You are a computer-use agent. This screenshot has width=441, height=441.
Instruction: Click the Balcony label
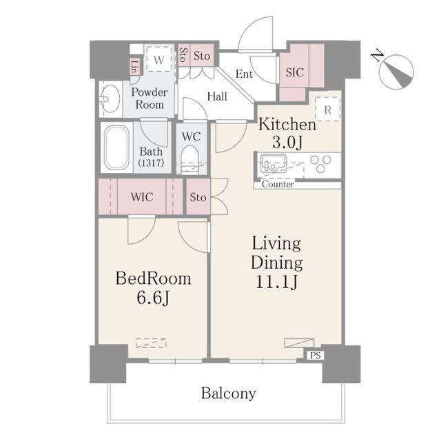228,393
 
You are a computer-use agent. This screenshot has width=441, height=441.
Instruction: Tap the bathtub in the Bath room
116,147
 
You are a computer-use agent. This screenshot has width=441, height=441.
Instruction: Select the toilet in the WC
192,160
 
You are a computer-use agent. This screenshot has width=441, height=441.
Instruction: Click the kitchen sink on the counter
273,163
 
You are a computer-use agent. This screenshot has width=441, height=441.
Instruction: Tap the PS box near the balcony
316,356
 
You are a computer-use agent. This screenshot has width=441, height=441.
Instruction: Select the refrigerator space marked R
328,109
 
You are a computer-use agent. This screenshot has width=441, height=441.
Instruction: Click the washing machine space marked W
159,59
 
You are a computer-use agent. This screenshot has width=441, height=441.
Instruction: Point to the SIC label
295,72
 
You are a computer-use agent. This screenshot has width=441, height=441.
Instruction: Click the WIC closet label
142,197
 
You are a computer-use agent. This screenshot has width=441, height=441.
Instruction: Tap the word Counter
278,184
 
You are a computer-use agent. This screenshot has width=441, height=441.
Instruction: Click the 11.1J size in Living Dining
277,282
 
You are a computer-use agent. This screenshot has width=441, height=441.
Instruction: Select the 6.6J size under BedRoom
153,298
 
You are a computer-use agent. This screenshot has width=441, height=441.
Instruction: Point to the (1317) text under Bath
151,163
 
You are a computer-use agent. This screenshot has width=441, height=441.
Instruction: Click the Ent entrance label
244,74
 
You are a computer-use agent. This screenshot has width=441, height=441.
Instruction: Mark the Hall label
217,96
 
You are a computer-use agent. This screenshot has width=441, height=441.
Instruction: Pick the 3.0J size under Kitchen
287,142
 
